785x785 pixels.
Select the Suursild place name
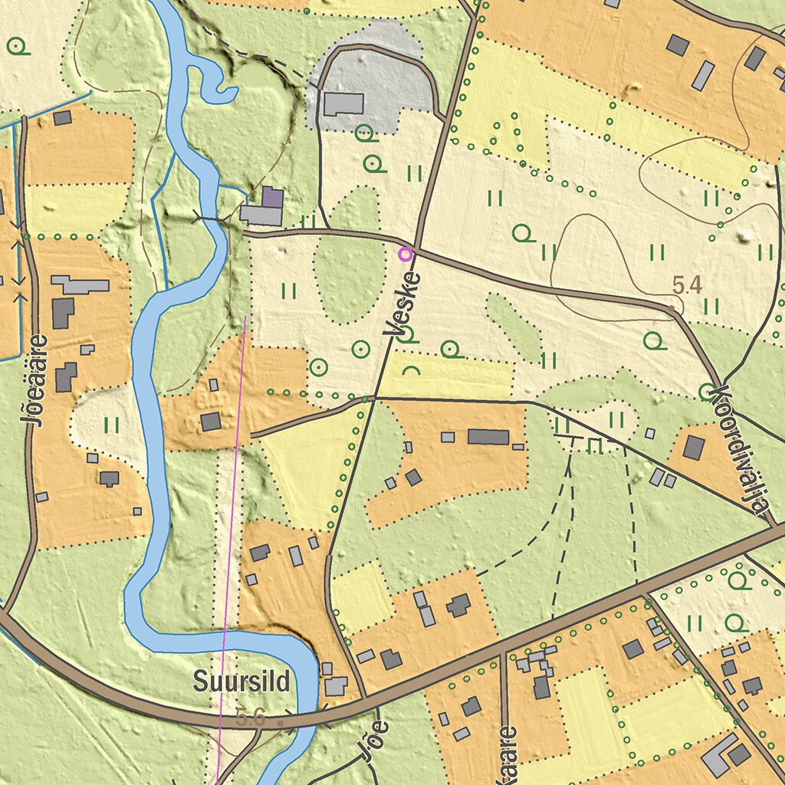[241, 681]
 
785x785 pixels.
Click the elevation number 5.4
[687, 286]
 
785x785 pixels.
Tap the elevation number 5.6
[251, 718]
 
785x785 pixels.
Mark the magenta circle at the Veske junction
[406, 253]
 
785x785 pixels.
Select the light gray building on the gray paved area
[343, 104]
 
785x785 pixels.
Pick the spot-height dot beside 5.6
[281, 722]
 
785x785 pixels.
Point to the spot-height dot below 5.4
[672, 308]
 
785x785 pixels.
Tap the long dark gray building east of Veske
[488, 437]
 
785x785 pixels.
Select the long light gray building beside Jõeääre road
[80, 285]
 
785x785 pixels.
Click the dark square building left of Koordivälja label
[693, 447]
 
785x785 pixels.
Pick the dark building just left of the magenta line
[211, 421]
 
